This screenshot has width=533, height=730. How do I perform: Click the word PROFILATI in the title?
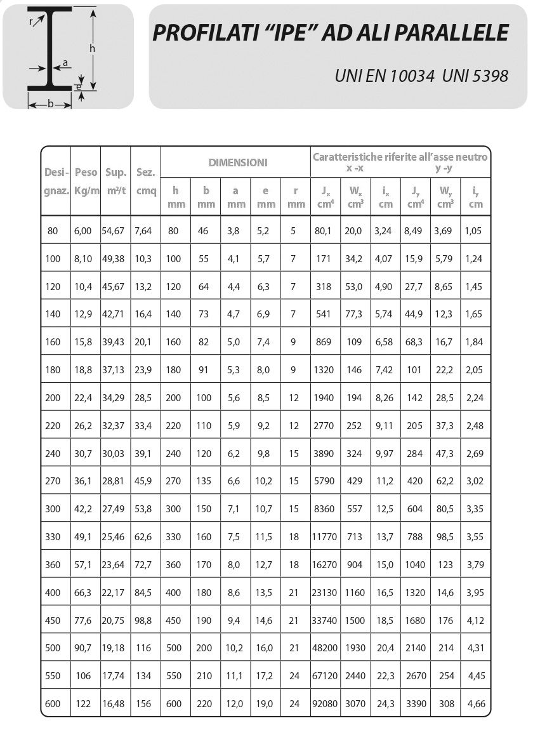(x=202, y=33)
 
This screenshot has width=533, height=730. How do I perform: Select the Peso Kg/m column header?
(x=86, y=181)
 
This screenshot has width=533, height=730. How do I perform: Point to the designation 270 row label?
(x=53, y=481)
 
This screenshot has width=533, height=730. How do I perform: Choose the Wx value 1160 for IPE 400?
(x=355, y=592)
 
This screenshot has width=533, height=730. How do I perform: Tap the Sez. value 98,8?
(x=143, y=620)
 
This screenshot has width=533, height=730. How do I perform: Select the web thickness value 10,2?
(x=235, y=648)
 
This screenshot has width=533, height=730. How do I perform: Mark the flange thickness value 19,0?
(x=265, y=703)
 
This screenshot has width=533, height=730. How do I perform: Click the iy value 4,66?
(x=475, y=703)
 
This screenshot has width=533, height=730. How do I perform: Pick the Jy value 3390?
(x=415, y=703)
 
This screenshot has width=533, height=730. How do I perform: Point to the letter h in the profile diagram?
(x=92, y=48)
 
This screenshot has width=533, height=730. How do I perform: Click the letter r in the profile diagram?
(x=31, y=21)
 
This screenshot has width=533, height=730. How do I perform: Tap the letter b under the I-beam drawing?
(x=50, y=104)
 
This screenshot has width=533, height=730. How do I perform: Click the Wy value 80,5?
(x=445, y=508)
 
